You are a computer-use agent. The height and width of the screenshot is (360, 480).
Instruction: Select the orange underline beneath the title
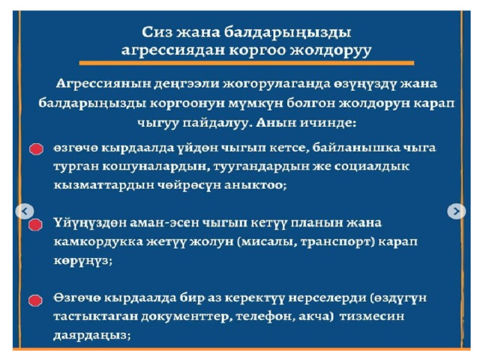[x=247, y=63]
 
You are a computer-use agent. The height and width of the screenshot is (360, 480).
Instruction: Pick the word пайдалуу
[x=217, y=123]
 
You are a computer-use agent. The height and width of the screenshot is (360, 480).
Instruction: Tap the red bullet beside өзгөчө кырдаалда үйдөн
[x=36, y=149]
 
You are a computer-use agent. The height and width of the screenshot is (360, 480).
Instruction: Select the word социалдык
[x=372, y=167]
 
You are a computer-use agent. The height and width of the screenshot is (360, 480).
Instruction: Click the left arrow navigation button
[x=25, y=211]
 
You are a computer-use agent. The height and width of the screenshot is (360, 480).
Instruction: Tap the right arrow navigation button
[x=456, y=211]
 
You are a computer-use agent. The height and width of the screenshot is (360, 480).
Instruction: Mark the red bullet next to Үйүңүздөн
[x=35, y=225]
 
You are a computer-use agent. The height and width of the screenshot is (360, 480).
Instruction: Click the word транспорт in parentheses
[x=336, y=242]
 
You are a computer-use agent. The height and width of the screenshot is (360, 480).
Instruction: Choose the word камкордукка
[x=98, y=242]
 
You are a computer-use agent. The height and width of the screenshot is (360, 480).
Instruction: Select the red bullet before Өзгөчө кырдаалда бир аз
[x=35, y=300]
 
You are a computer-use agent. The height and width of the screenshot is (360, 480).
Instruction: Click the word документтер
[x=184, y=317]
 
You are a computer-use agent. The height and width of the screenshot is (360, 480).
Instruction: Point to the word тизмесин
[x=372, y=316]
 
